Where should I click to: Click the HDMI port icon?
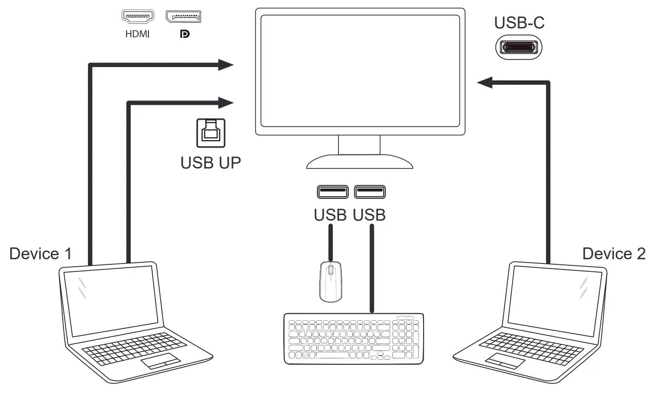click(x=137, y=17)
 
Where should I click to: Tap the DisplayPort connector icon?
click(x=183, y=17)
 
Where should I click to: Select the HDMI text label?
click(x=137, y=35)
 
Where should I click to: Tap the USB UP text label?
click(x=211, y=163)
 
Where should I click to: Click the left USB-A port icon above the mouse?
click(x=332, y=191)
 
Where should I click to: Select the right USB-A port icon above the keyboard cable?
click(x=370, y=191)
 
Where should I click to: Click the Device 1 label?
click(x=41, y=254)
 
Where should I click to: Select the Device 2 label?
click(x=614, y=254)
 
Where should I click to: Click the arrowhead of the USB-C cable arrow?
click(x=485, y=83)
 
